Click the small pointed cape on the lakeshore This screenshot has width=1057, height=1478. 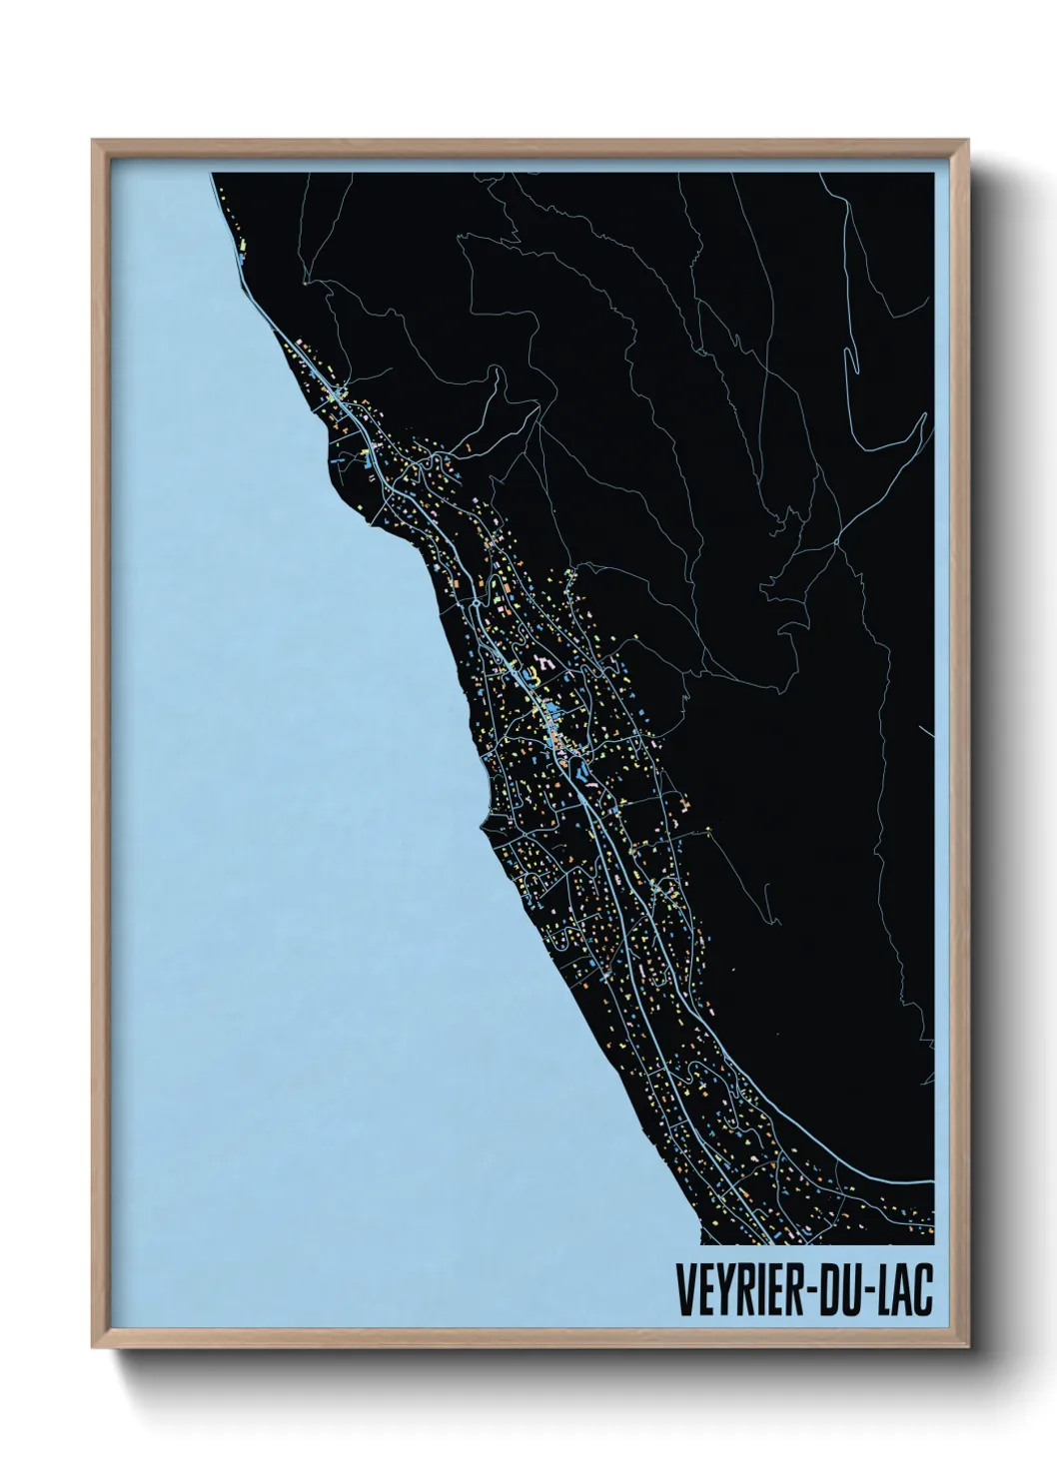(482, 823)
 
